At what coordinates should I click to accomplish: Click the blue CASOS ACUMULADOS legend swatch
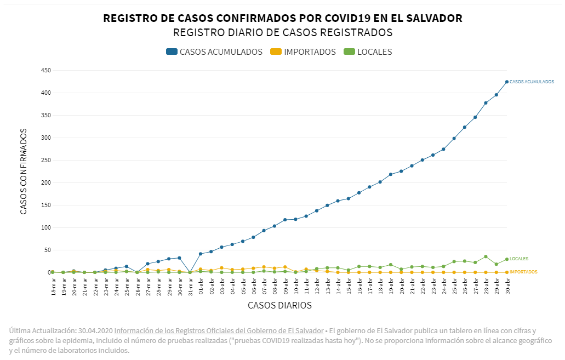click(171, 52)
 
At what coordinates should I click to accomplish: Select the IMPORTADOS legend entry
click(310, 52)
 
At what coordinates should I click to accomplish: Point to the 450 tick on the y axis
click(45, 71)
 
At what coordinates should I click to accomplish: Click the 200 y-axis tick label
click(45, 182)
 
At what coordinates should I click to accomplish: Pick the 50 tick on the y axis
click(47, 250)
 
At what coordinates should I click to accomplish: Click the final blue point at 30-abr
click(507, 82)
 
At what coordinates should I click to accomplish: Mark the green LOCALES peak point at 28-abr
click(486, 256)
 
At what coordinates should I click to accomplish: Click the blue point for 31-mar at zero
click(190, 272)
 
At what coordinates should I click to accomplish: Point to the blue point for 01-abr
click(201, 254)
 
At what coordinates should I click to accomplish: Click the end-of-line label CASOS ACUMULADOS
click(532, 82)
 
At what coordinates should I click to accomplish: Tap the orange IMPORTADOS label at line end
click(523, 272)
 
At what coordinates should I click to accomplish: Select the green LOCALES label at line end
click(519, 259)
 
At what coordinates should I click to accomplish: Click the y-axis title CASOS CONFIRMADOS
click(24, 172)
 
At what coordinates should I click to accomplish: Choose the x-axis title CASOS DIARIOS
click(279, 305)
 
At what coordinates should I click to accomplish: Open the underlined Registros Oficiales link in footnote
click(219, 330)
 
